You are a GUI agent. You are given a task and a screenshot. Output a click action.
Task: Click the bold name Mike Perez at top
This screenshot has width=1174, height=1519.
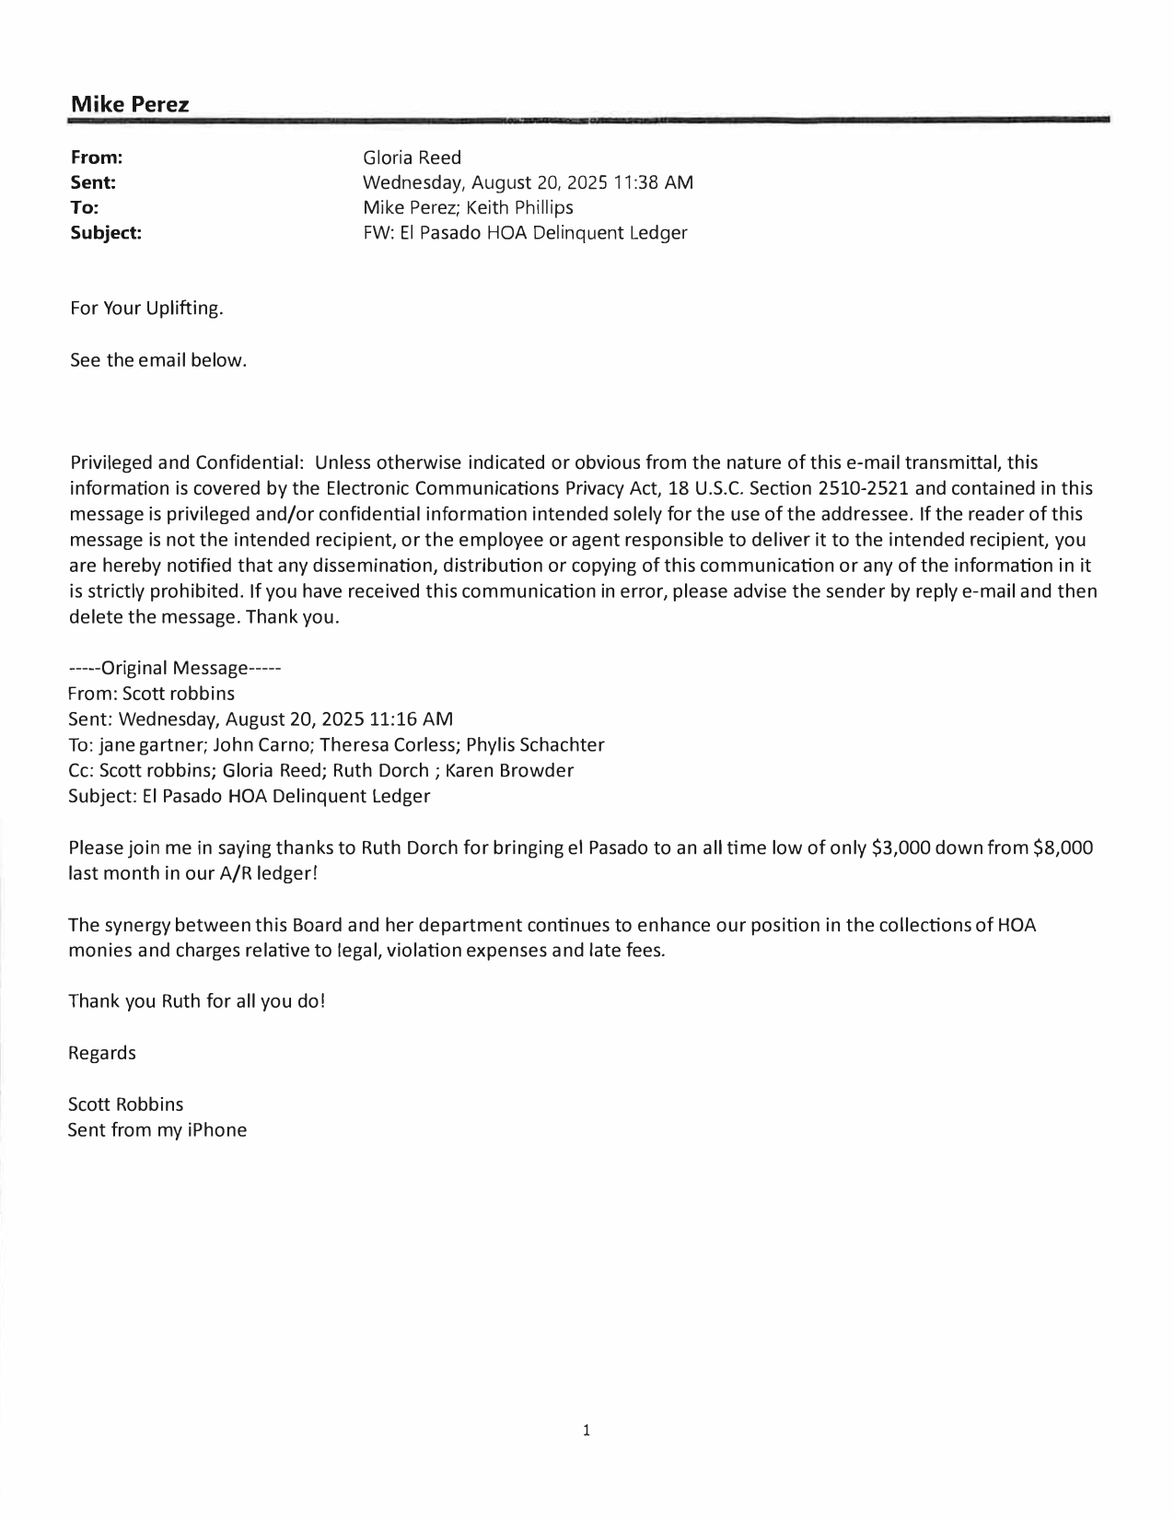[x=130, y=105]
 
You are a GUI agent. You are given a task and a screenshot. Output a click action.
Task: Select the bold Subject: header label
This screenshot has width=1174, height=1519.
[x=106, y=233]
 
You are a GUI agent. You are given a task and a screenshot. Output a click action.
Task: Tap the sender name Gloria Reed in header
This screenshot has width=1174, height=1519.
[x=412, y=158]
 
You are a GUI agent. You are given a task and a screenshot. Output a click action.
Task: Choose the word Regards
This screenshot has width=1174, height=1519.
[x=102, y=1053]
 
